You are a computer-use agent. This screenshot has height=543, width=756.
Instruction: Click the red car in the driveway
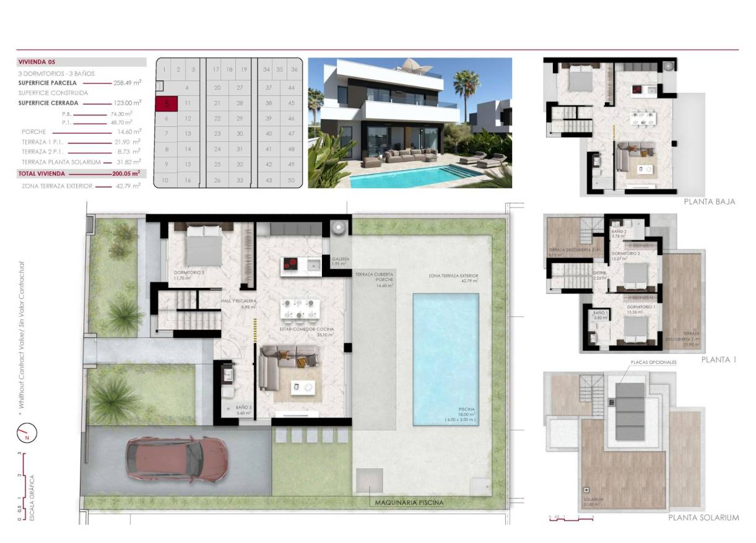[168, 461]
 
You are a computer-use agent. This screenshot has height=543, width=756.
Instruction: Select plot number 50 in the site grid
[290, 180]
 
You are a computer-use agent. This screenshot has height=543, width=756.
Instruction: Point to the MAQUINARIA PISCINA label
[409, 503]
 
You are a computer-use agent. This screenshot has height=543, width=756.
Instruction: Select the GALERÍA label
[341, 259]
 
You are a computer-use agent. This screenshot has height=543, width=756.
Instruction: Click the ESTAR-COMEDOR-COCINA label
[307, 330]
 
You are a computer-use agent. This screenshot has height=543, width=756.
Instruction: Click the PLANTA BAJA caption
[710, 201]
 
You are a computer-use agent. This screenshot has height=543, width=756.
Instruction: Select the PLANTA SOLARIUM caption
[703, 518]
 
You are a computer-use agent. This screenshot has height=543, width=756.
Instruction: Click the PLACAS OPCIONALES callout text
[653, 362]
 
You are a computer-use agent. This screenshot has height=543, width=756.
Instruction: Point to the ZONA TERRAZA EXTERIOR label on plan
[453, 276]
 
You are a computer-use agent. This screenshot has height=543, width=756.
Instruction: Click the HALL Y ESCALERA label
[238, 302]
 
